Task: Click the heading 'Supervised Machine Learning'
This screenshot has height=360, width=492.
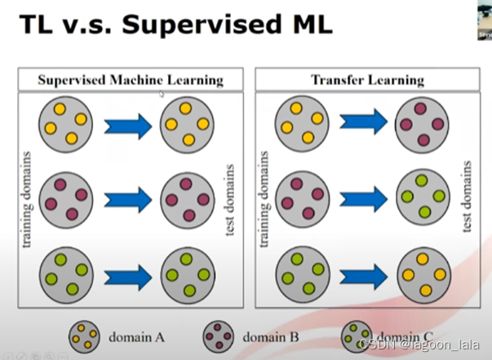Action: [x=131, y=80]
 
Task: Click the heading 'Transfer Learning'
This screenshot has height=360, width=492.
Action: [x=367, y=80]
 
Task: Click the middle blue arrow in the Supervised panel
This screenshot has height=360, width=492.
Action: [x=128, y=198]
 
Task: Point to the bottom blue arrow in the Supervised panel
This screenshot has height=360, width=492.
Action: [x=128, y=277]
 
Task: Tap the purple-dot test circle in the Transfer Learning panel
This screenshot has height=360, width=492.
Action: [x=423, y=123]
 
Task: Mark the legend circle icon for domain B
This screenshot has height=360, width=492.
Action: [x=219, y=336]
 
